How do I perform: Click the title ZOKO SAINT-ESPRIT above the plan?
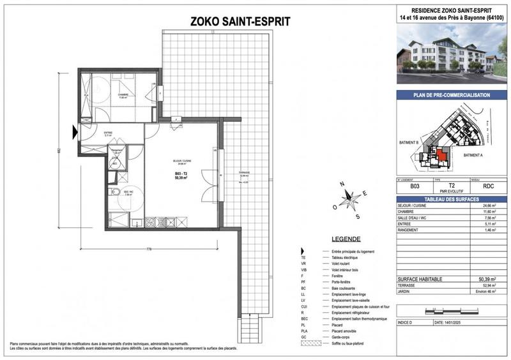(240, 21)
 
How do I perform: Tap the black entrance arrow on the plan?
(75, 131)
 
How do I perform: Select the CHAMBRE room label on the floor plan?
(123, 94)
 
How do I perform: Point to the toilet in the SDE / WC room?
(114, 193)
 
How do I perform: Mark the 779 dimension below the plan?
(148, 248)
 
